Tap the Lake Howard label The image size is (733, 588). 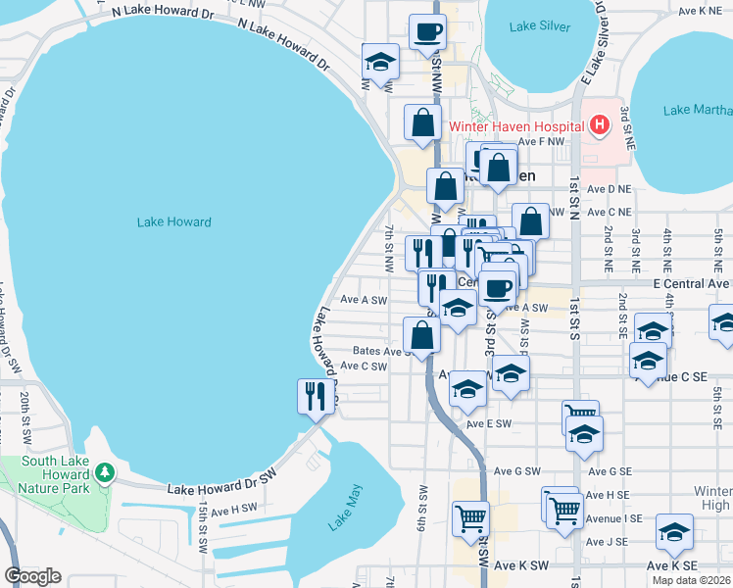click(x=173, y=222)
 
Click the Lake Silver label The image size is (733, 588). click(x=539, y=26)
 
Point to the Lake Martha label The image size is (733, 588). click(x=696, y=110)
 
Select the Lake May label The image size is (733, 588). click(x=345, y=507)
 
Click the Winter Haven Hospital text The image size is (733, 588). click(x=515, y=126)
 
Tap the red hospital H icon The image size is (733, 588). click(x=599, y=125)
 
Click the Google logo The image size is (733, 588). click(x=32, y=575)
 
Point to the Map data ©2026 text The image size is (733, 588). click(x=691, y=580)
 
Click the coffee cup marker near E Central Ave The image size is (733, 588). click(x=497, y=288)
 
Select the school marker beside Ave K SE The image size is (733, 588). click(x=674, y=532)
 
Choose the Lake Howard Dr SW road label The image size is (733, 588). click(x=222, y=486)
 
